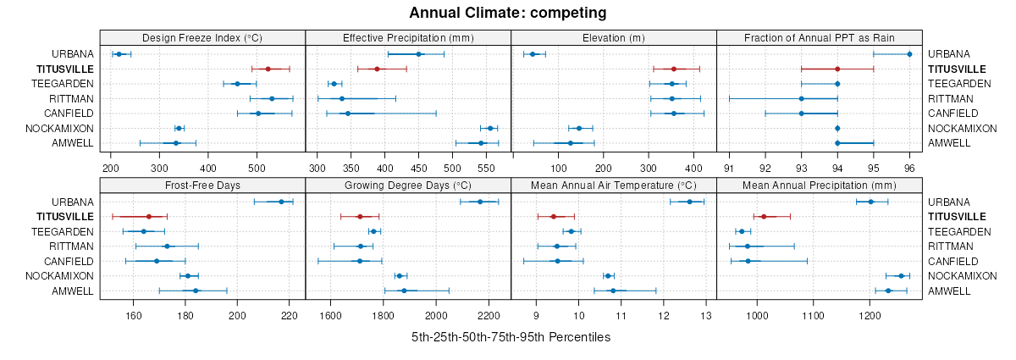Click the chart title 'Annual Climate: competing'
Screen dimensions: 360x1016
pos(507,13)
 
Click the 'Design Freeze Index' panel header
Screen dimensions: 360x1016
pos(202,37)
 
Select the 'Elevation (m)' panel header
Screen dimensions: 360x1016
pos(614,37)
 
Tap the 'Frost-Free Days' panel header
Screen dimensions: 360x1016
pos(202,185)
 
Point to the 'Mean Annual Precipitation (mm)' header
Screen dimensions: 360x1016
pos(819,185)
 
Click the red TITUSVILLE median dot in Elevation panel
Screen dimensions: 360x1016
pos(673,69)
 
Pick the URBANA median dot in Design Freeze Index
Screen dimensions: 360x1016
pos(119,54)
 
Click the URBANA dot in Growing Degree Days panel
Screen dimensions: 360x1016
pos(480,202)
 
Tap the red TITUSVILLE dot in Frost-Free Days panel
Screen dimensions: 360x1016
pos(149,216)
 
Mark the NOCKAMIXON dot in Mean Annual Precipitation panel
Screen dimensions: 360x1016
pos(901,275)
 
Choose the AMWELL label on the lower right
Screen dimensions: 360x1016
pos(949,291)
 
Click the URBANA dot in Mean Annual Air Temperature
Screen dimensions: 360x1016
pos(689,202)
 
